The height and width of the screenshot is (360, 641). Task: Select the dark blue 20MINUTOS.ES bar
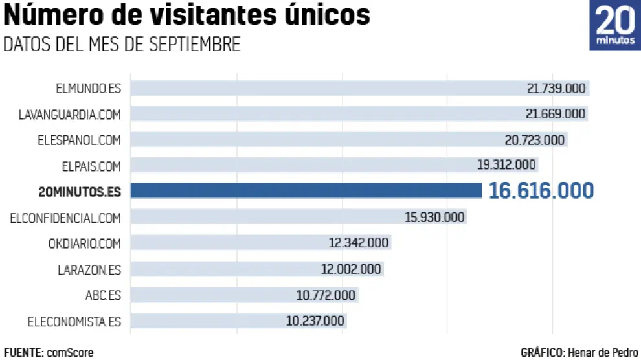[306, 190]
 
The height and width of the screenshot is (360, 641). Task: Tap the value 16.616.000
[541, 190]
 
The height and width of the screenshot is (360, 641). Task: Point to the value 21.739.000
[556, 89]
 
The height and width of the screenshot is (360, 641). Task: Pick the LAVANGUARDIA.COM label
[70, 115]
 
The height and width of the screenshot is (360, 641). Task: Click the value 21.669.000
[556, 115]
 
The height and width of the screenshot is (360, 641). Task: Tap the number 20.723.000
[535, 140]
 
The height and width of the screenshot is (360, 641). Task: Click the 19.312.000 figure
[506, 165]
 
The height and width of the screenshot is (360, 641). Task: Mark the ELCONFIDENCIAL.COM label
[65, 218]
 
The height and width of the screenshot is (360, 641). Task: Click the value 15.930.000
[435, 218]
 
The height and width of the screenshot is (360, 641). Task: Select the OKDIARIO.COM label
[84, 243]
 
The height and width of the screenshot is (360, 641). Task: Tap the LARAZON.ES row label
[89, 269]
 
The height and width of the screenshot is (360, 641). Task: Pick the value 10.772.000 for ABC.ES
[326, 295]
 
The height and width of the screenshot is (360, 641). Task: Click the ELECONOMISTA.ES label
[74, 321]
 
